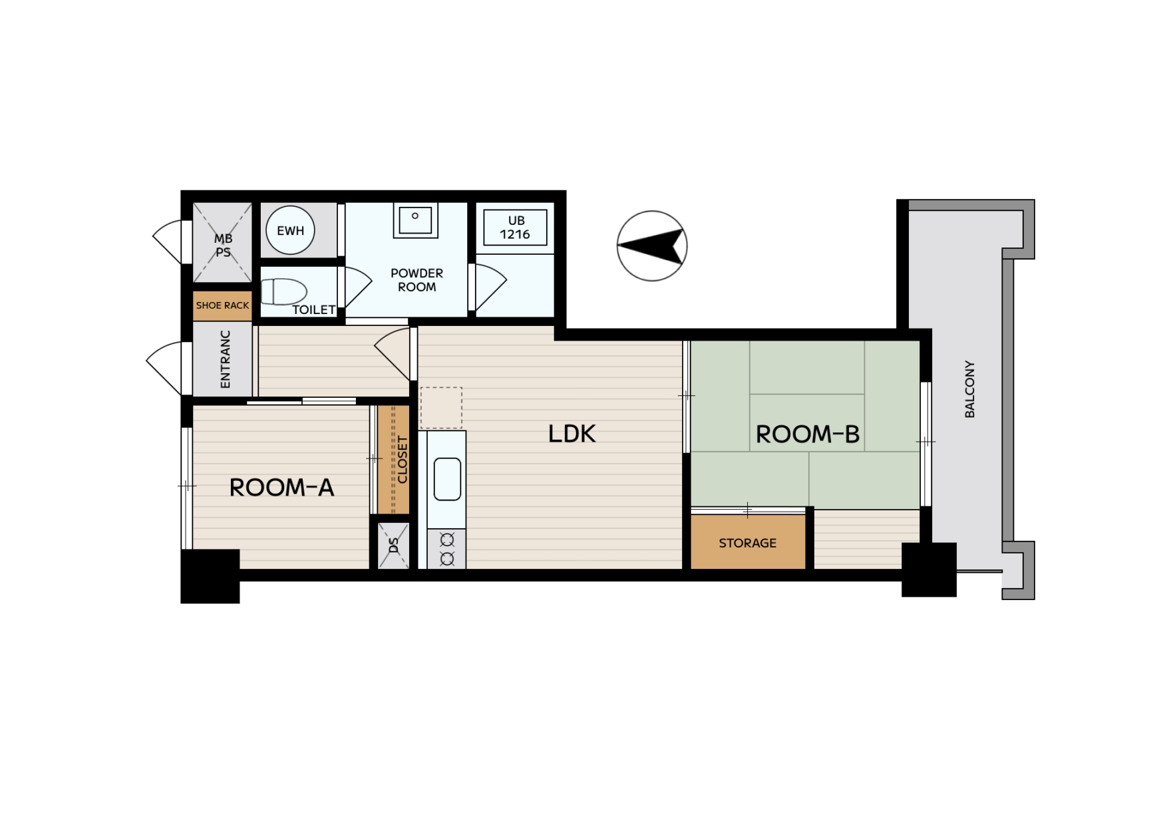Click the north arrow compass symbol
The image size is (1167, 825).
[651, 246]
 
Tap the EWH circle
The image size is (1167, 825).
[290, 230]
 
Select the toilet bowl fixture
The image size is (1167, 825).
[283, 291]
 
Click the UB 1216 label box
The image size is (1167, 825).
[515, 228]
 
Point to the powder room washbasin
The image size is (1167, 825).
[415, 219]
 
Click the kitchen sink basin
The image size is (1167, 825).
[447, 478]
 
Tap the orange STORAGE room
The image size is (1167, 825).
[748, 542]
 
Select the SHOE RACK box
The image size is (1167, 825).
[222, 305]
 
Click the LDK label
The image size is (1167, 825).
[572, 434]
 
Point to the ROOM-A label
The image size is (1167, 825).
[281, 488]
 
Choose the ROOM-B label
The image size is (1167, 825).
[808, 434]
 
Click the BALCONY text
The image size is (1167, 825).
[969, 389]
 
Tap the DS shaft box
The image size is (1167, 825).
[393, 546]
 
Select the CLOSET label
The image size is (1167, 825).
[402, 460]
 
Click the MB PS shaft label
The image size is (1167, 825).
[223, 246]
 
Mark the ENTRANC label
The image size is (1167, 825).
[225, 359]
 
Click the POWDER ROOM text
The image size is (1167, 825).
[417, 280]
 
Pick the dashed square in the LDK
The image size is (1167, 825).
[441, 408]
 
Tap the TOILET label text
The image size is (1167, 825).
[314, 309]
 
